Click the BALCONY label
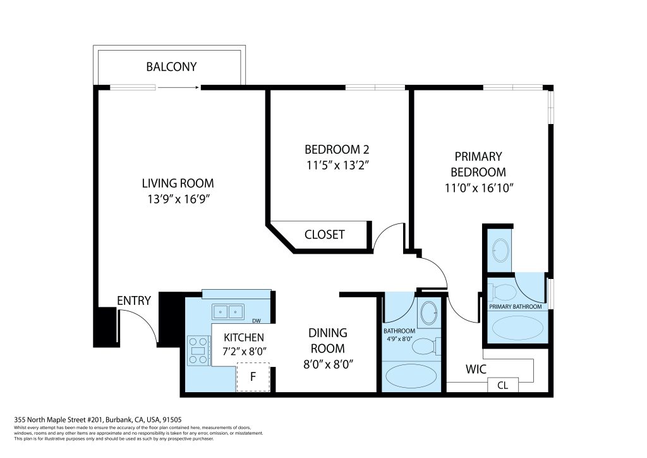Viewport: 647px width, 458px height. tap(171, 66)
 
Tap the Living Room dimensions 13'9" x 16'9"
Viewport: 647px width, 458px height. tap(179, 199)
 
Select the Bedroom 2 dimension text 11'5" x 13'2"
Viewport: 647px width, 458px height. tap(337, 165)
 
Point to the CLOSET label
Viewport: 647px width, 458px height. tap(324, 235)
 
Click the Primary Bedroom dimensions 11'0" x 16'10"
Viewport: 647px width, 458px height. tap(479, 188)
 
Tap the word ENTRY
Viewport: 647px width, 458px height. tap(134, 300)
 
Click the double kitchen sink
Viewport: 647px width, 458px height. tap(227, 311)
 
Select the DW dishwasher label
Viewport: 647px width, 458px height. tap(257, 321)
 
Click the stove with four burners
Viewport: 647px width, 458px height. tap(198, 350)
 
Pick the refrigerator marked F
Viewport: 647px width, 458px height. tap(253, 376)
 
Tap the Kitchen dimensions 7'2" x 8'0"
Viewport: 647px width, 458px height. tap(245, 352)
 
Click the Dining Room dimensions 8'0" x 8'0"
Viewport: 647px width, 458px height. tap(328, 364)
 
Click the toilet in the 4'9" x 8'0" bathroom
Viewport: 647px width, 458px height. tap(426, 346)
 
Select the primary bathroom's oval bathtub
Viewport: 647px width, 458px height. tap(517, 328)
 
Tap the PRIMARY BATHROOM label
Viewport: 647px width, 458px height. tap(516, 306)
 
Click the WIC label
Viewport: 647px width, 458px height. tap(476, 369)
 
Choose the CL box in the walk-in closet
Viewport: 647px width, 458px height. tap(502, 385)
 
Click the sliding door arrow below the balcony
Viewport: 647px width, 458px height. tap(179, 87)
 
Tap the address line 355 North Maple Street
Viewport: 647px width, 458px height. tap(98, 420)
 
